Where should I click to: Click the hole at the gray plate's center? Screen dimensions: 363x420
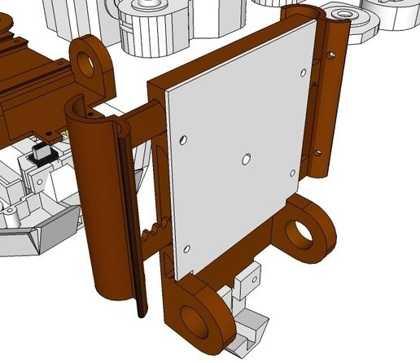point(247,159)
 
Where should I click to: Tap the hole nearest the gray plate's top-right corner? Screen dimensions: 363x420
point(304,72)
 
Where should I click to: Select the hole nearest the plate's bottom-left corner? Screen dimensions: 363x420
point(187,248)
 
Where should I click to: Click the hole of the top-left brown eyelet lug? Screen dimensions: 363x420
point(86,59)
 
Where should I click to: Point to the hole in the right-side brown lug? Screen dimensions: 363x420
point(301,233)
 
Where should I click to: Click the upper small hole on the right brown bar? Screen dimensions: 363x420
point(330,57)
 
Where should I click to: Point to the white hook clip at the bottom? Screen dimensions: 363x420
point(248,330)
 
